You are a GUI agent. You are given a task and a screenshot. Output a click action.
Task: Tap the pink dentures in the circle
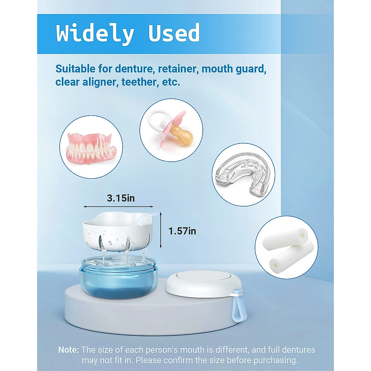(x=91, y=148)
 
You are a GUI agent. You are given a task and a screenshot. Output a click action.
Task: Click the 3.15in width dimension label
(x=121, y=198)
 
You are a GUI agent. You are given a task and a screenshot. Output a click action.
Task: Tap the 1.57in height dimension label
(x=182, y=231)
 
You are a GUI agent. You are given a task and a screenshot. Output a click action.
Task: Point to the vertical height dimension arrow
(x=161, y=230)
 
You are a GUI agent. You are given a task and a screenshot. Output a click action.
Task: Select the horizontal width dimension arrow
(x=118, y=207)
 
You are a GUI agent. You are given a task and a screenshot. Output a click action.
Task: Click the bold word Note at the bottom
(x=68, y=350)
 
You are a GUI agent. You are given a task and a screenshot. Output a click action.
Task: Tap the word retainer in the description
(x=177, y=69)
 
